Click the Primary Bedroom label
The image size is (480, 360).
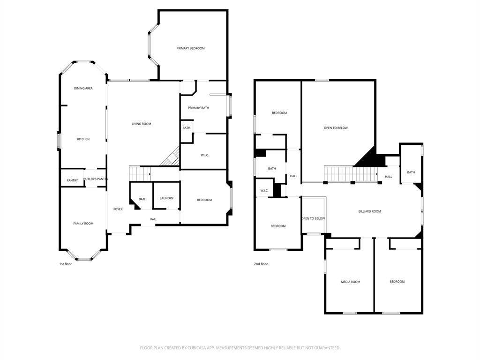click(x=190, y=48)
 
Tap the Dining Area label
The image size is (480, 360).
click(x=83, y=89)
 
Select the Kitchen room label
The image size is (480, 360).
click(x=83, y=139)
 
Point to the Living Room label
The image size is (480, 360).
click(x=142, y=124)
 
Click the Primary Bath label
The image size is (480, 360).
click(x=199, y=108)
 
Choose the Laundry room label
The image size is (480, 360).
click(x=166, y=198)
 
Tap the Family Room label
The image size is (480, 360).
click(x=83, y=224)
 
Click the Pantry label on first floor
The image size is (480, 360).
click(x=72, y=180)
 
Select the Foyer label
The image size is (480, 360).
click(x=118, y=210)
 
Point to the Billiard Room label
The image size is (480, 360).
click(x=369, y=211)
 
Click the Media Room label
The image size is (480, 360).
click(x=351, y=282)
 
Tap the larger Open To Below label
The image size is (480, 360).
click(x=336, y=128)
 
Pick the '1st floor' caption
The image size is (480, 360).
click(x=66, y=264)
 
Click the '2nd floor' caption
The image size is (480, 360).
click(x=261, y=264)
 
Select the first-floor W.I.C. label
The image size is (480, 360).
click(x=205, y=156)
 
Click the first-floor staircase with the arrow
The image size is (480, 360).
click(x=140, y=174)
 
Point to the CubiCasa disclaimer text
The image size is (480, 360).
click(x=240, y=348)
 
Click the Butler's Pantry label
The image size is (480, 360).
click(x=96, y=179)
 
